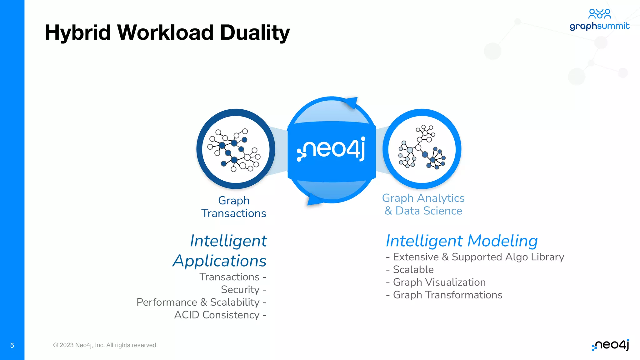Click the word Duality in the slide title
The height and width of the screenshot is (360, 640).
(255, 32)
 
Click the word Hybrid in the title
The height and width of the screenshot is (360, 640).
(78, 32)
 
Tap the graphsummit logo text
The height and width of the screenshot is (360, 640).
(599, 26)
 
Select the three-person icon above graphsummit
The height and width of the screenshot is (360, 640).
(599, 13)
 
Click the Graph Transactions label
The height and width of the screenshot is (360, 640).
(234, 207)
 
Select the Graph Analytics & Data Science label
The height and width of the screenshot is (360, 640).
(423, 204)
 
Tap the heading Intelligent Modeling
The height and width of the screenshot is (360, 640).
(462, 241)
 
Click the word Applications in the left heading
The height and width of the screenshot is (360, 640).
(219, 261)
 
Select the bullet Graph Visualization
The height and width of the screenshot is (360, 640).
(436, 282)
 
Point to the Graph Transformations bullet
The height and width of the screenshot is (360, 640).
(444, 295)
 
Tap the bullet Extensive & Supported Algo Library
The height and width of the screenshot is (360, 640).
(475, 257)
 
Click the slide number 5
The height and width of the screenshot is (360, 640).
(12, 345)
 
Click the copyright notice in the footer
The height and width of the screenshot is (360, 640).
(105, 345)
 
